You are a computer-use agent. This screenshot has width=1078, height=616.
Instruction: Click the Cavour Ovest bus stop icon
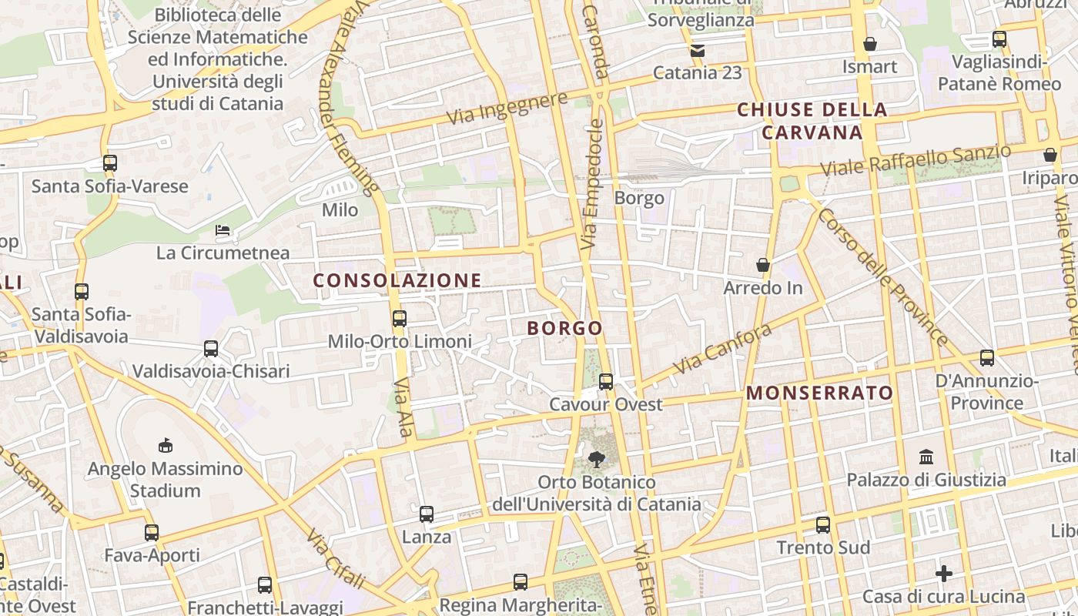pyautogui.click(x=606, y=381)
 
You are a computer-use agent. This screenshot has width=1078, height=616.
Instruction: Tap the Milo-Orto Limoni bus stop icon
pyautogui.click(x=400, y=318)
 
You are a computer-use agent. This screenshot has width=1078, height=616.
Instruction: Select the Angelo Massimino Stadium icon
pyautogui.click(x=165, y=445)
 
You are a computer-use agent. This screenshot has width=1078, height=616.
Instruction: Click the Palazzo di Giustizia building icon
pyautogui.click(x=927, y=457)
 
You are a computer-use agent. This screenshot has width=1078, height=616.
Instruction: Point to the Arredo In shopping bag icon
pyautogui.click(x=763, y=265)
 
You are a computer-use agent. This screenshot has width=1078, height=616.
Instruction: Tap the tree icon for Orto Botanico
pyautogui.click(x=596, y=460)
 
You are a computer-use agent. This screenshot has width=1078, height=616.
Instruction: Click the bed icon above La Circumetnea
pyautogui.click(x=223, y=229)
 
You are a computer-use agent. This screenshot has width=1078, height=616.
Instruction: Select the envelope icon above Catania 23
pyautogui.click(x=698, y=51)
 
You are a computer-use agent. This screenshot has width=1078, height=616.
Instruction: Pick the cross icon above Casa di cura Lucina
pyautogui.click(x=944, y=574)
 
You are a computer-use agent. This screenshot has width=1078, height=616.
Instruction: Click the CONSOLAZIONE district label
pyautogui.click(x=397, y=280)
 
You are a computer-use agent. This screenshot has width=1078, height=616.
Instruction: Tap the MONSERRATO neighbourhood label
pyautogui.click(x=820, y=393)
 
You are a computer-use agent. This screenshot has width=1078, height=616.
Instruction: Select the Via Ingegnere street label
pyautogui.click(x=507, y=108)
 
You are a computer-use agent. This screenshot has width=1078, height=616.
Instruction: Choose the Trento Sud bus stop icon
pyautogui.click(x=823, y=525)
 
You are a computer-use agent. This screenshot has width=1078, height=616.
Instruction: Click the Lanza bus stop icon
pyautogui.click(x=427, y=514)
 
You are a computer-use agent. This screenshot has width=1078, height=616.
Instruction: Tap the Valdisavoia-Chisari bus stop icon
pyautogui.click(x=211, y=349)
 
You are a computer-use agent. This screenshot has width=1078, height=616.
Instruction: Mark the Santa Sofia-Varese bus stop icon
pyautogui.click(x=110, y=163)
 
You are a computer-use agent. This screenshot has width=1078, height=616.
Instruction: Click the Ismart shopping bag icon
pyautogui.click(x=870, y=44)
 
